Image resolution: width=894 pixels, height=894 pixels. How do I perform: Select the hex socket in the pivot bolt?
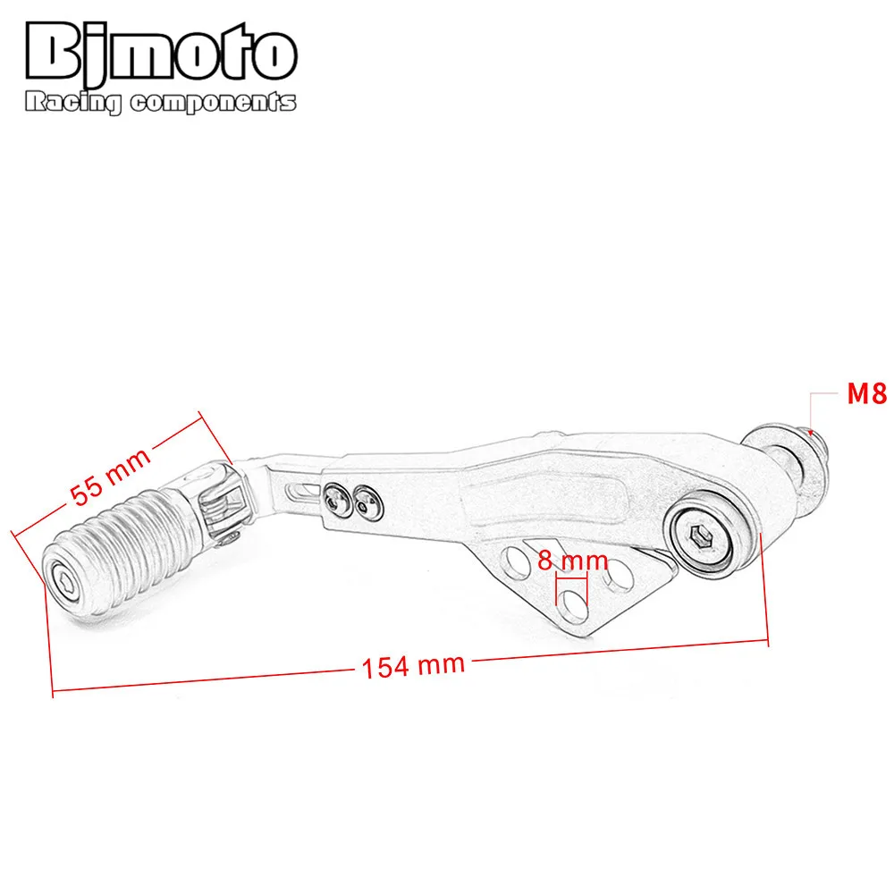click(700, 537)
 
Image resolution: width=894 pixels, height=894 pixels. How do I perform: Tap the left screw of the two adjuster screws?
click(337, 500)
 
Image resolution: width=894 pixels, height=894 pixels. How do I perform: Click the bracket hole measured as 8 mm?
click(572, 595)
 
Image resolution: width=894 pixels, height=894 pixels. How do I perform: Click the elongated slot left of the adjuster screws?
click(302, 488)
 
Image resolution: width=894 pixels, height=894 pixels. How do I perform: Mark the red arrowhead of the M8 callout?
click(812, 430)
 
